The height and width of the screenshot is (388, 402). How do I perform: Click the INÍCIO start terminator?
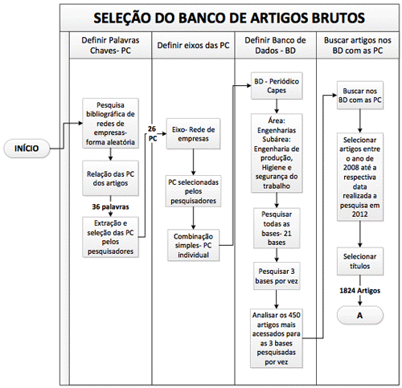pos(27,148)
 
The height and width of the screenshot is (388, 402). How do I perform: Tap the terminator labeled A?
pos(359,315)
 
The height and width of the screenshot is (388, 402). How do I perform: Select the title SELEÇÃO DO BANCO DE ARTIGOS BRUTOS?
pos(229,18)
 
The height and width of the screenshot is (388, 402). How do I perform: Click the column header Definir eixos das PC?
pos(193,45)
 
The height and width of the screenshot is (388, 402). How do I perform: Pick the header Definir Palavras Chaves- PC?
pos(110,45)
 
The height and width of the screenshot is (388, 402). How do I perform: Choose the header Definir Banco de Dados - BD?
pos(275,45)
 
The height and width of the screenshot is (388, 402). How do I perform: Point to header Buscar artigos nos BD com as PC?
pos(358,45)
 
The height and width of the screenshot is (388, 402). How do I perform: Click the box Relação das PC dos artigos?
pos(110,178)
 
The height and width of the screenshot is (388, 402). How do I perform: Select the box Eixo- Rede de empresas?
pos(193,134)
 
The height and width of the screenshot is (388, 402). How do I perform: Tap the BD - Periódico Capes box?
pos(277,86)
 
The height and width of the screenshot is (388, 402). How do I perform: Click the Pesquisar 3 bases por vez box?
pos(277,276)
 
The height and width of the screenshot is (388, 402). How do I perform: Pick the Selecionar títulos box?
pos(360,261)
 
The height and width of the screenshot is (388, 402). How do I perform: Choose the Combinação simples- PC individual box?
pos(193,245)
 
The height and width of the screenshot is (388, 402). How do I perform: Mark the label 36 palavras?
pos(110,206)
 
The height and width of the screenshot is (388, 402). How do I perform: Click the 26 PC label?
pos(152,133)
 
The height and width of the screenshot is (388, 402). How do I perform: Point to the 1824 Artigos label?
pos(359,291)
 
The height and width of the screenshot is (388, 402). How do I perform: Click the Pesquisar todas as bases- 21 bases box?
pos(277,228)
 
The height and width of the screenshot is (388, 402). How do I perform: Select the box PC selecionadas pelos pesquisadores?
pos(193,191)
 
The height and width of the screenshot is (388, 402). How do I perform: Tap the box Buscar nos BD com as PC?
pos(360,96)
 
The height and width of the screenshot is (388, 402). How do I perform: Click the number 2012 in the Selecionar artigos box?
pos(359,214)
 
